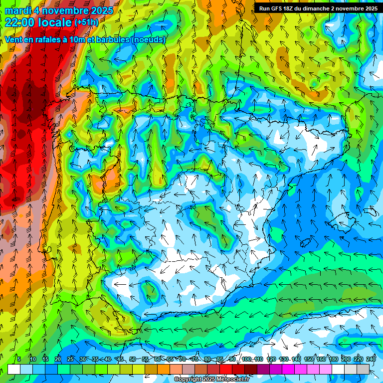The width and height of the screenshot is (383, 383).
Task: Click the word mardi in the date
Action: (17, 10)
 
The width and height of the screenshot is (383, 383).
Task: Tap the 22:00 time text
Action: (20, 22)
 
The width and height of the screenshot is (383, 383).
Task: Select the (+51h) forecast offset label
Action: (86, 22)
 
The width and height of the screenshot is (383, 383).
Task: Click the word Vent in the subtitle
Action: (14, 39)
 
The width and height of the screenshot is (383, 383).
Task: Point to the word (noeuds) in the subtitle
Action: (148, 39)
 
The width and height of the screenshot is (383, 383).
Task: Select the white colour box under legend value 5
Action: (14, 369)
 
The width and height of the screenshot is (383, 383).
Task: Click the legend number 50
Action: (132, 360)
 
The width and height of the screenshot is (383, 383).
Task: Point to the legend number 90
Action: (232, 360)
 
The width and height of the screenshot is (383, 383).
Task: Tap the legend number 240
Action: (371, 360)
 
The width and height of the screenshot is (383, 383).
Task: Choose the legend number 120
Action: (271, 360)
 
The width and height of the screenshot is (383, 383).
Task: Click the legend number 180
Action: (333, 360)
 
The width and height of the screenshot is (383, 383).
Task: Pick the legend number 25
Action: (70, 360)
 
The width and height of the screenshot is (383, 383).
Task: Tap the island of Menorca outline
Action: (372, 209)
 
